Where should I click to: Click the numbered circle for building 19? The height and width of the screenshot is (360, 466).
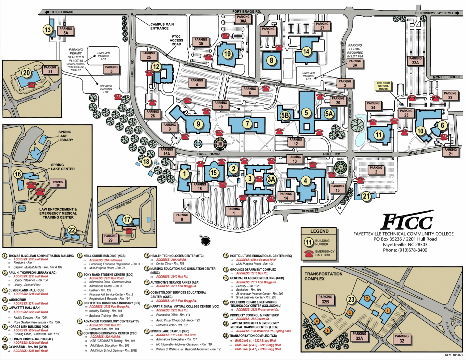tap(227, 54)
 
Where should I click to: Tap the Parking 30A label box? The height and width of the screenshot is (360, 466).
tap(243, 19)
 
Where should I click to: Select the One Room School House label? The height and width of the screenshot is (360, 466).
tap(383, 86)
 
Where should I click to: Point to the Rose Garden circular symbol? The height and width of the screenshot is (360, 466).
tap(341, 168)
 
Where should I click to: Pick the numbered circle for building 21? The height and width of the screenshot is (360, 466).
tap(366, 196)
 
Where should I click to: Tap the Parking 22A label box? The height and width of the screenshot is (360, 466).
tap(415, 61)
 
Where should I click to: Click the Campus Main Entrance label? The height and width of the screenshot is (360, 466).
tap(162, 26)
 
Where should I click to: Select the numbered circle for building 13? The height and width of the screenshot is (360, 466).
tap(48, 30)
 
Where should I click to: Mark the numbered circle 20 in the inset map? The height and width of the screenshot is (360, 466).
tap(27, 73)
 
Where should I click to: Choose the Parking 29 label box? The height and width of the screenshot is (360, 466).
tap(110, 238)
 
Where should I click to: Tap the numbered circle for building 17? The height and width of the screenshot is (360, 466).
tap(127, 220)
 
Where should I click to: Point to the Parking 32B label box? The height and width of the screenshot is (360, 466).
tap(325, 299)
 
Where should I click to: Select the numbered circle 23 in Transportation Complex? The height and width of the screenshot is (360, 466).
tap(351, 299)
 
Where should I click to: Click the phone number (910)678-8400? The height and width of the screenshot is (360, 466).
tap(412, 250)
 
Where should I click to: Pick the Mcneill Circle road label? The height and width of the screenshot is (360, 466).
tap(446, 77)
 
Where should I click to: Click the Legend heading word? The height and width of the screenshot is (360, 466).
tap(319, 231)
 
